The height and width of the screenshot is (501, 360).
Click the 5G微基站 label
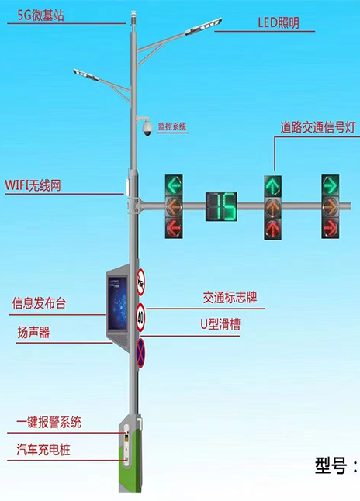40,15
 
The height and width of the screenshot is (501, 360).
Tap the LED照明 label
279,22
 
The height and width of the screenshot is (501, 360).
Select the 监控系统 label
171,126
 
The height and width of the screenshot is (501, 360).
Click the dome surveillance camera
147,128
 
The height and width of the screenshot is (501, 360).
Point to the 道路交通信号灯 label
318,127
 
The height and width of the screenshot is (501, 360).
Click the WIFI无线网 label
33,185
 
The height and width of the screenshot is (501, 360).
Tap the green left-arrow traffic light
174,185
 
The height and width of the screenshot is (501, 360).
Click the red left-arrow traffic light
174,228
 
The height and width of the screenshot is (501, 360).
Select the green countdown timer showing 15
221,206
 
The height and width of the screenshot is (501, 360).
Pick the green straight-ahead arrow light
273,186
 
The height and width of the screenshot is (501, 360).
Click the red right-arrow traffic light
331,228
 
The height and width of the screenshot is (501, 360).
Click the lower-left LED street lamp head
85,74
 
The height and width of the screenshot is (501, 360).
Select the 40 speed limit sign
140,318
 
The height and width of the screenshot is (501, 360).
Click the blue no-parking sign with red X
140,353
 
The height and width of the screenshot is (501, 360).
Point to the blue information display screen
117,303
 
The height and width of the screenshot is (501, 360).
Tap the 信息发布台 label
39,303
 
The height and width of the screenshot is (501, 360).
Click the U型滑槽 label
220,324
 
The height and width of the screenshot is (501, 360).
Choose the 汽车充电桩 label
43,449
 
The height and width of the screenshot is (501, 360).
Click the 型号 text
331,465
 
